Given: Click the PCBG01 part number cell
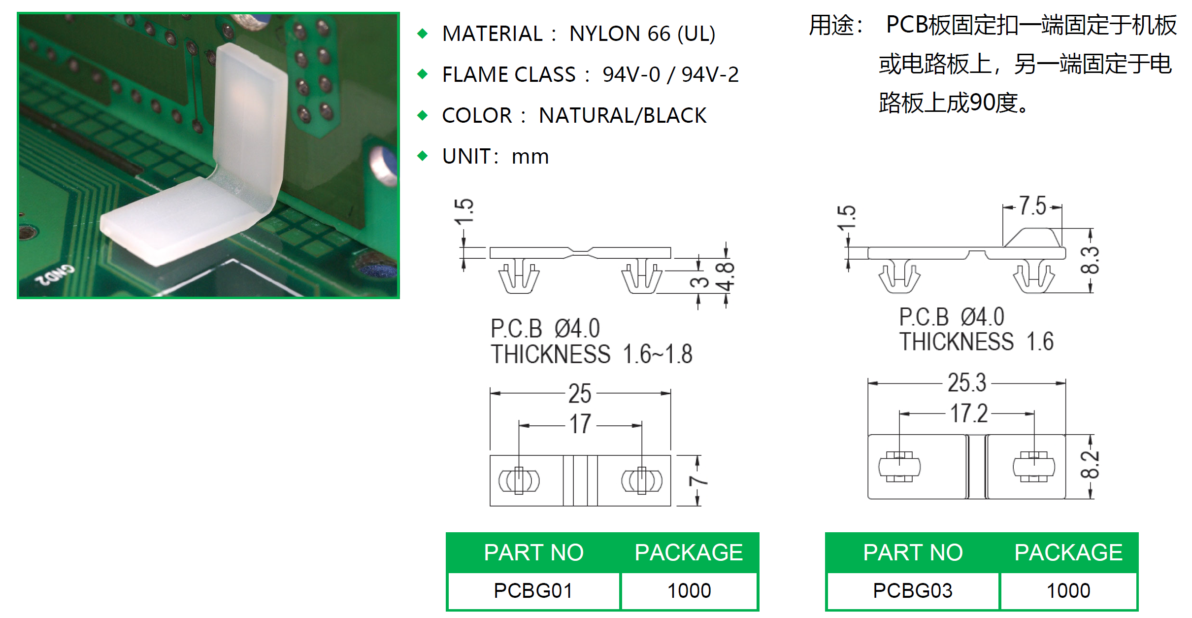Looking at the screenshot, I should tap(533, 590).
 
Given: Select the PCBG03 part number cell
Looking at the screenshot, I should tap(912, 590).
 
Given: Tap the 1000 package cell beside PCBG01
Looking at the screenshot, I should tap(689, 590).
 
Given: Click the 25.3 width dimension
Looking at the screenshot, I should tap(967, 383).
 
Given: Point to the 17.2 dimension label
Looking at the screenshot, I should tap(969, 413).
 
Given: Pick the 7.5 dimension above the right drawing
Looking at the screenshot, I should tap(1032, 206).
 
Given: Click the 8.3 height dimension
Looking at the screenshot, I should tap(1090, 260).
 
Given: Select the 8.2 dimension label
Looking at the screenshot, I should tap(1090, 465).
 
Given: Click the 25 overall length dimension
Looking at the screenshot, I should tap(580, 394).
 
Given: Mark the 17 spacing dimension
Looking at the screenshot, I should tap(580, 424).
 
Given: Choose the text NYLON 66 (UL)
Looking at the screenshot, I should tap(642, 34).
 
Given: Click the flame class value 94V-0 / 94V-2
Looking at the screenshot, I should tap(670, 74).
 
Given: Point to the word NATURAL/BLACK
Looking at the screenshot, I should tap(623, 115).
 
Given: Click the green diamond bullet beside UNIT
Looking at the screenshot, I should tap(422, 156).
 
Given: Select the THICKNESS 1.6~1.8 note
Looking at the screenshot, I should tap(591, 354).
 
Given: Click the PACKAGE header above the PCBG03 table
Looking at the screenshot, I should tap(1068, 552).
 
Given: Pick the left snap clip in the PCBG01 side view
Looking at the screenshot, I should tap(519, 277).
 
